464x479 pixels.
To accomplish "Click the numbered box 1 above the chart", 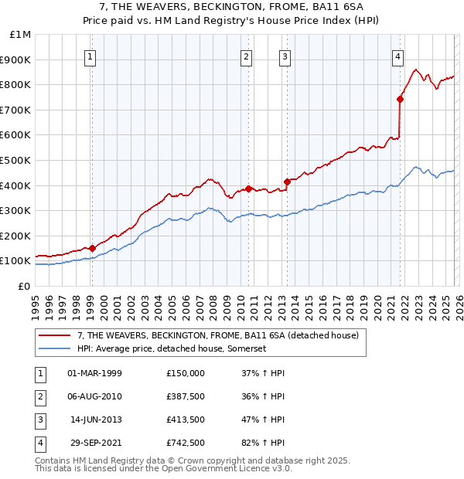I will point(91,56).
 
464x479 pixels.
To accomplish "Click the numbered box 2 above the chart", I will point(247,56).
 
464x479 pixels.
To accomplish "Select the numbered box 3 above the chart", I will point(285,56).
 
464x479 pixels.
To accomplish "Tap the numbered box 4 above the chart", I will point(397,56).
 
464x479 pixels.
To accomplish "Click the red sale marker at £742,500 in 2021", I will point(400,99).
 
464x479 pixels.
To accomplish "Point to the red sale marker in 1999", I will point(92,248).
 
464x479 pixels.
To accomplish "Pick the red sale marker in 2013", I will point(286,182).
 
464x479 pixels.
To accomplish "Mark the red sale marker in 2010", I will point(248,188).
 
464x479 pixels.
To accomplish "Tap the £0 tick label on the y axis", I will point(23,286).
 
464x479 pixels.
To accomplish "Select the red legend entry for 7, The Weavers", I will point(217,336).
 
